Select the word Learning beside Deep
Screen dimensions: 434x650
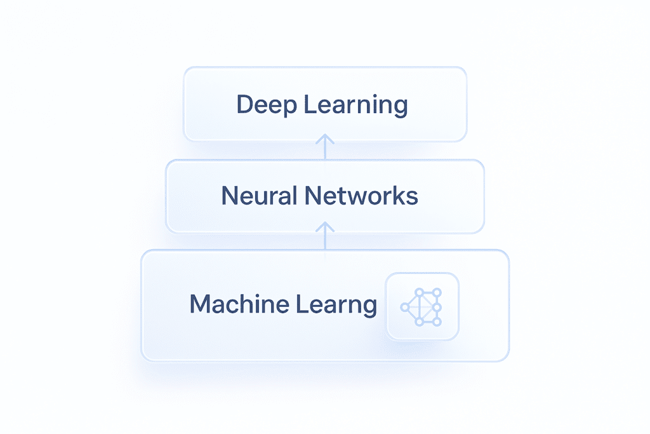pyautogui.click(x=355, y=105)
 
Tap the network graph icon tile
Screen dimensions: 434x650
pyautogui.click(x=422, y=306)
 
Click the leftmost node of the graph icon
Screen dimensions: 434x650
pyautogui.click(x=404, y=307)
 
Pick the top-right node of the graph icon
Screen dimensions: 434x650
pyautogui.click(x=436, y=293)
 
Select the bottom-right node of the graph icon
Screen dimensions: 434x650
pyautogui.click(x=436, y=322)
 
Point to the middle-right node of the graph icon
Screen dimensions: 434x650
pyautogui.click(x=437, y=307)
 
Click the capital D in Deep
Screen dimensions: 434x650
pyautogui.click(x=244, y=105)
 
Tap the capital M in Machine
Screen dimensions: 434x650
pyautogui.click(x=201, y=304)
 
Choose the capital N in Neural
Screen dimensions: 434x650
pyautogui.click(x=229, y=196)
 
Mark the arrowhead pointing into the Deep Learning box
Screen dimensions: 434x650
pyautogui.click(x=324, y=138)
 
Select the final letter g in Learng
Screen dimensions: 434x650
pyautogui.click(x=369, y=306)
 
